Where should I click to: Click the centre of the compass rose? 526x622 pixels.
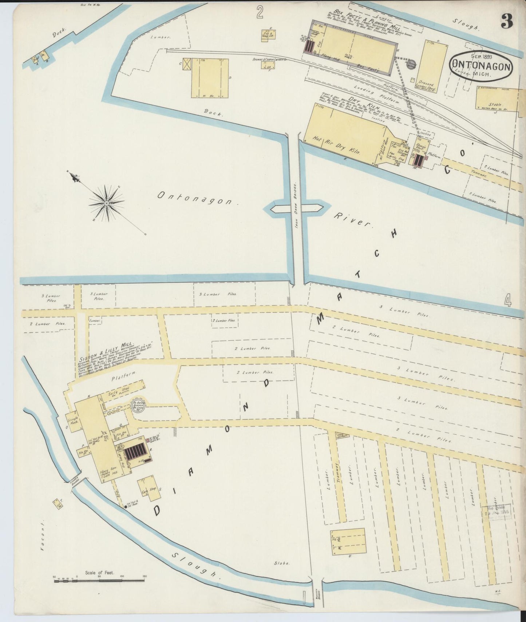point(106,202)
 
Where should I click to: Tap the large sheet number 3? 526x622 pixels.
point(506,21)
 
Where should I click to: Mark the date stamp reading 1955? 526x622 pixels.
point(497,513)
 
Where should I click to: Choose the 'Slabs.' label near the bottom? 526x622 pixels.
point(282,563)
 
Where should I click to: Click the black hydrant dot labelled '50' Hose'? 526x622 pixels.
point(126,506)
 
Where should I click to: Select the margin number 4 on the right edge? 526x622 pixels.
point(508,301)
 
